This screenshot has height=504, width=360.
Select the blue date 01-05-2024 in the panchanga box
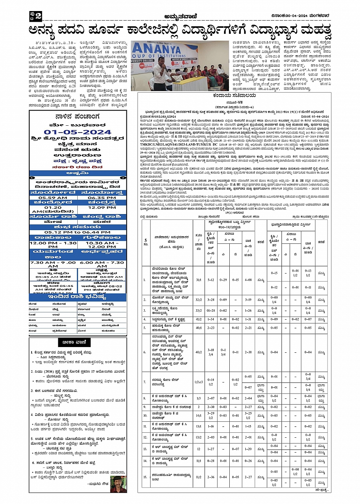click(78, 132)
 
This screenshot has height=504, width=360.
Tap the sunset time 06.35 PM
click(102, 198)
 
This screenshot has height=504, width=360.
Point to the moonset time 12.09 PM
click(102, 208)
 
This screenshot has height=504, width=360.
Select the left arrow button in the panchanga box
click(32, 178)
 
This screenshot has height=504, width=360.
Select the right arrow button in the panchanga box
click(123, 178)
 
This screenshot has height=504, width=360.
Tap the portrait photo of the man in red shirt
click(118, 484)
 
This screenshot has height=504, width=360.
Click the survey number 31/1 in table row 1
click(198, 280)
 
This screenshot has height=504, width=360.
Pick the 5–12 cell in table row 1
click(211, 280)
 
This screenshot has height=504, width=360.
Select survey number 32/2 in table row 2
click(198, 300)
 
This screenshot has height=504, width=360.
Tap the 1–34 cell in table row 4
click(211, 320)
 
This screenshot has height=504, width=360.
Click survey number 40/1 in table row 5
click(198, 328)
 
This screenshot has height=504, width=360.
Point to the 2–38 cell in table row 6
click(248, 352)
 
